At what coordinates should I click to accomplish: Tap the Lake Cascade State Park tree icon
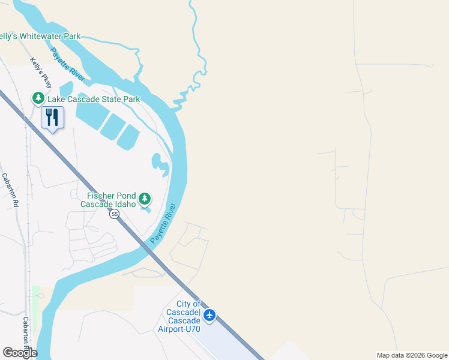38,98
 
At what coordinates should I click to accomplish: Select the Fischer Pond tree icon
144,199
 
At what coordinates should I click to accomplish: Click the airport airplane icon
209,315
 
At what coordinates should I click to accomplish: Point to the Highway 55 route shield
114,215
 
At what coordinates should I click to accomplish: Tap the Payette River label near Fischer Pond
163,223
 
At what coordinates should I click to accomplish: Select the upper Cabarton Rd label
10,190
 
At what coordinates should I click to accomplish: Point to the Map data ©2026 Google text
411,355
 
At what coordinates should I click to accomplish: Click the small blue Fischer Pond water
146,209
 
